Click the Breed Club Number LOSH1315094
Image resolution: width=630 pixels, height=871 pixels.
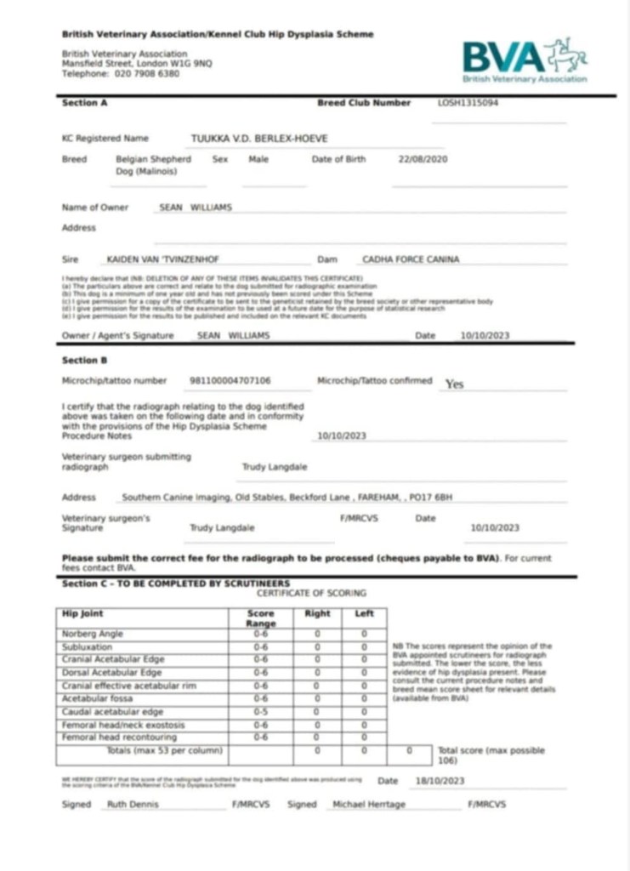[x=468, y=103]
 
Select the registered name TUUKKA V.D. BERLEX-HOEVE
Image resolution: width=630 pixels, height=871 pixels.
[x=259, y=139]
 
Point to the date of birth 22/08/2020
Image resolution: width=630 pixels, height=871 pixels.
[x=423, y=159]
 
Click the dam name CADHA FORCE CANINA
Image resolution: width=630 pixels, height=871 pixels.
[x=411, y=259]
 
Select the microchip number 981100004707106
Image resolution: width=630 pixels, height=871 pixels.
[x=230, y=380]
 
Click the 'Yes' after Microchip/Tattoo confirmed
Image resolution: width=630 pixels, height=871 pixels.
[x=455, y=384]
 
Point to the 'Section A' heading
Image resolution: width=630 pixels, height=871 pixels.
[x=85, y=103]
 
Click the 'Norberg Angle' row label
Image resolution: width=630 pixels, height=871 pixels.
[x=93, y=634]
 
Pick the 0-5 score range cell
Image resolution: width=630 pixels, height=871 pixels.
[x=261, y=711]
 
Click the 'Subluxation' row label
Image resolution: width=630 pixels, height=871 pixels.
[x=88, y=647]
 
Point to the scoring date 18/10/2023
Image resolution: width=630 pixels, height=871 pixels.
[x=434, y=781]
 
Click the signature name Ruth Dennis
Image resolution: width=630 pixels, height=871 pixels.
[x=133, y=804]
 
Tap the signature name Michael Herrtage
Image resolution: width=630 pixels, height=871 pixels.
[x=369, y=804]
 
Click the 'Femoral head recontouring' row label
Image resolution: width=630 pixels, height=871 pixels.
[x=111, y=737]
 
